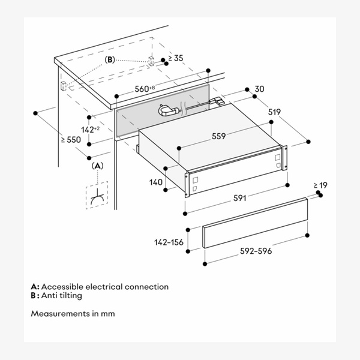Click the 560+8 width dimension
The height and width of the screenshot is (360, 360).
(145, 89)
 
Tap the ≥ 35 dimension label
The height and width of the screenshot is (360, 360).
(176, 59)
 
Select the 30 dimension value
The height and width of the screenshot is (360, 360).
(259, 89)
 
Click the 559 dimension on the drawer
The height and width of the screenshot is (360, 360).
(218, 136)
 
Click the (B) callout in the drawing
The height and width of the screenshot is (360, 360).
(110, 60)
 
